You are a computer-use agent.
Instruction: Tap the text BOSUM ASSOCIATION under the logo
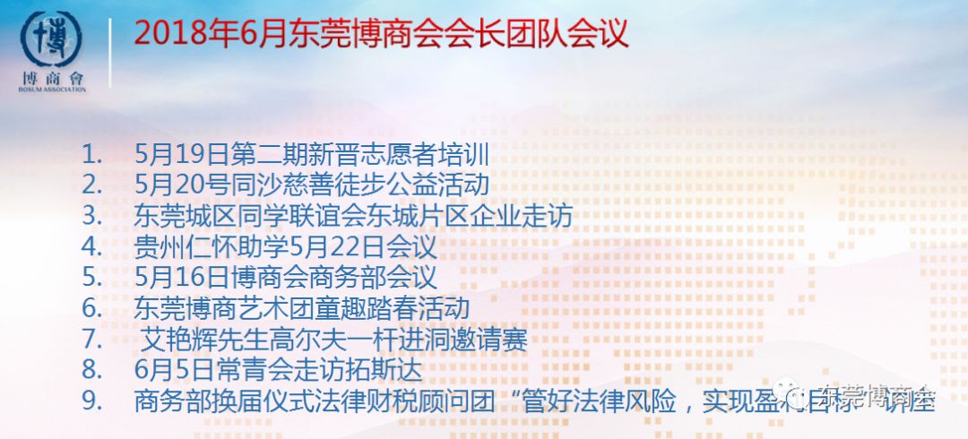(52, 90)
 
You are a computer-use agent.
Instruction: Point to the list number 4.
(90, 246)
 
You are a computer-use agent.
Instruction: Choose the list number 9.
(90, 400)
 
